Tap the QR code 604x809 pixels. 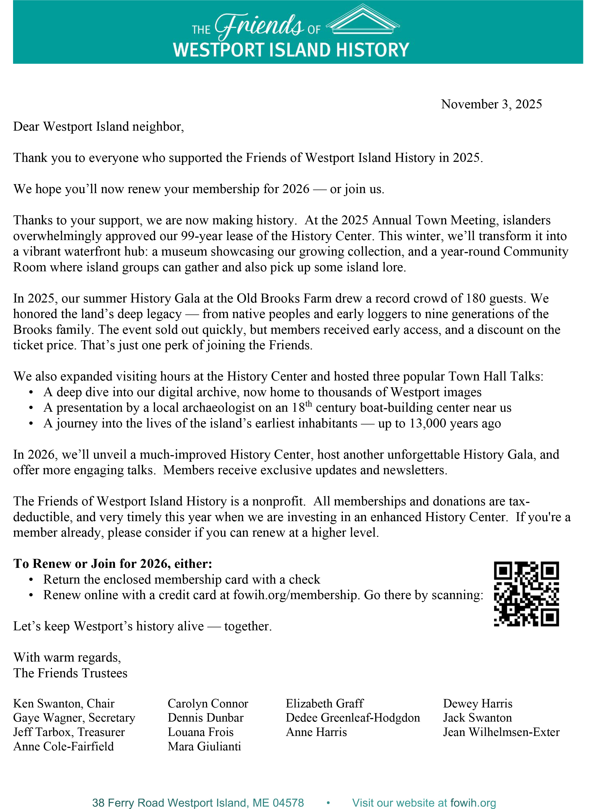526,594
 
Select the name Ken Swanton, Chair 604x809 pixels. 64,703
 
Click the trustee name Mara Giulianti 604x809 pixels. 204,746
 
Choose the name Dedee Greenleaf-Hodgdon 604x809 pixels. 353,718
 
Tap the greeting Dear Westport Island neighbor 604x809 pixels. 98,127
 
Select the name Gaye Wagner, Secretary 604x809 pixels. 74,718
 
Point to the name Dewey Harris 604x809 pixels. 478,703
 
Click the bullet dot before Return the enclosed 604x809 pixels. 32,580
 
